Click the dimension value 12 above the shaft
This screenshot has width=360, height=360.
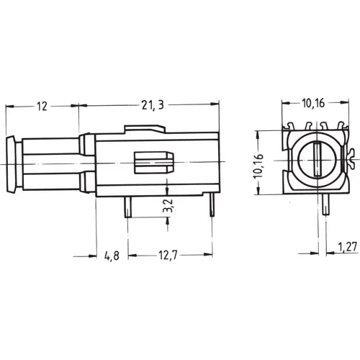[41, 107]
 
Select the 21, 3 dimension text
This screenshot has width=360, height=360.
[151, 106]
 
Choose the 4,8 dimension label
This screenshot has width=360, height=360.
[111, 255]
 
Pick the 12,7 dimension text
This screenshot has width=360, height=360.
[167, 255]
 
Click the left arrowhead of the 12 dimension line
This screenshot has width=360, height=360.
[9, 107]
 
